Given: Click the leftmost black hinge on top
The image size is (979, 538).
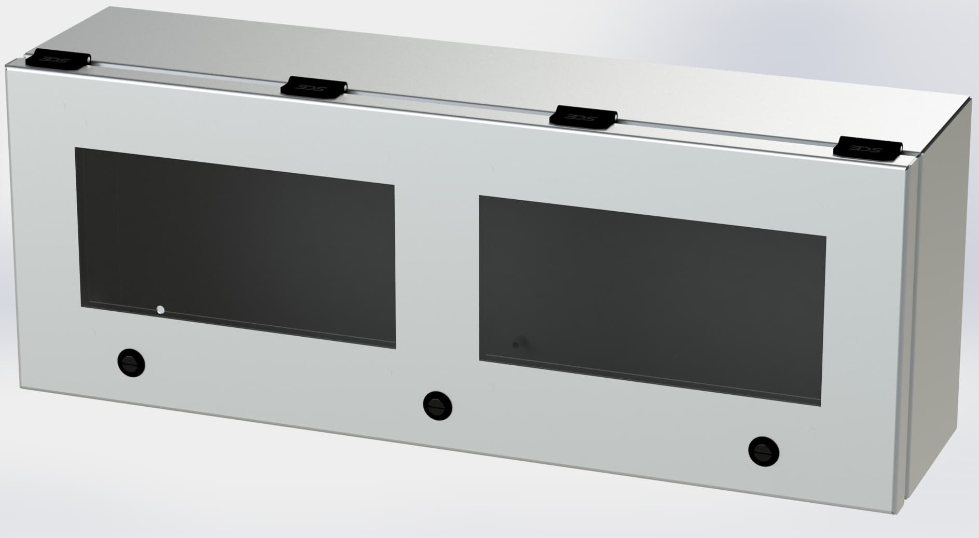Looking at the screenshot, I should [58, 60].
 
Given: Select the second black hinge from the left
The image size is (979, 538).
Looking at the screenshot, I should [313, 87].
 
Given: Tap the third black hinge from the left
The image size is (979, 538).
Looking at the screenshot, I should [583, 117].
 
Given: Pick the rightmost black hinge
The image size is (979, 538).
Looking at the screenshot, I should [867, 148].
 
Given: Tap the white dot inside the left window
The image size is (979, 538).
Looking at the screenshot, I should [160, 310].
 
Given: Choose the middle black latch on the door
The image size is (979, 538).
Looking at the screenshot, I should [437, 405].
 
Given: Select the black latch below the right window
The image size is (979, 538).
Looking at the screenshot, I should [764, 451].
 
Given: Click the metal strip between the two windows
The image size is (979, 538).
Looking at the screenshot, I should [437, 270].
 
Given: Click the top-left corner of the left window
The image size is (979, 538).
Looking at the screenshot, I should [76, 148].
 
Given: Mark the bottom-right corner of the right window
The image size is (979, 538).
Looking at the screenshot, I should [822, 405].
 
